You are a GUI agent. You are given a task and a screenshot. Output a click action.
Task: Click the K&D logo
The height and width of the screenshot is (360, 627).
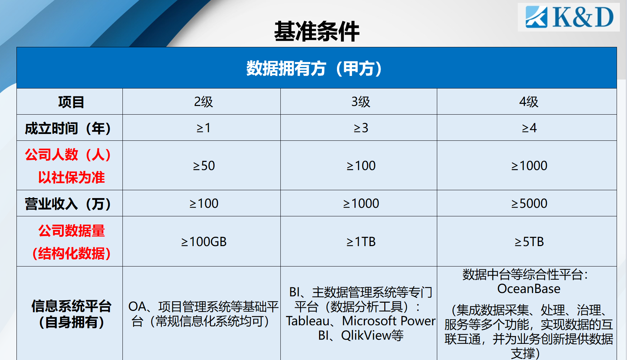569,17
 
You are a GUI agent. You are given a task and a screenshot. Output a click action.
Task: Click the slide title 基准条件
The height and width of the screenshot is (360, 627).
317,32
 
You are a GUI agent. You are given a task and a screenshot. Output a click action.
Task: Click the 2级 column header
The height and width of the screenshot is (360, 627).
203,102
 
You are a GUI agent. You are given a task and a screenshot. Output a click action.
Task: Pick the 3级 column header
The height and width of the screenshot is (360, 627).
361,102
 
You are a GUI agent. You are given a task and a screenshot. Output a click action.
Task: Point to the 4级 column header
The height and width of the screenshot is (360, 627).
529,102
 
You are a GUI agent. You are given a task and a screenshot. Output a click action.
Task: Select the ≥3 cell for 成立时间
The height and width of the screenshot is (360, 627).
361,128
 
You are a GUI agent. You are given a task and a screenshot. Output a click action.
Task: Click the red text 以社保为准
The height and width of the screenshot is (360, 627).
71,177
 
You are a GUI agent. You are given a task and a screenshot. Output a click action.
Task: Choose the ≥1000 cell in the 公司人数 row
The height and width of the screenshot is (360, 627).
529,165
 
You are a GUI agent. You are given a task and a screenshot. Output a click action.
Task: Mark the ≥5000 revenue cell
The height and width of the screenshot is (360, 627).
529,203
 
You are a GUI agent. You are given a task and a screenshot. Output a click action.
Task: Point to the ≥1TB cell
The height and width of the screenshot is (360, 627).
361,242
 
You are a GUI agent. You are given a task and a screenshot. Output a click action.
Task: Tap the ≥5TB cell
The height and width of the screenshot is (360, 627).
529,242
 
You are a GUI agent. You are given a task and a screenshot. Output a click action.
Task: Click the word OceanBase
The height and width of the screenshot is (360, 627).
529,289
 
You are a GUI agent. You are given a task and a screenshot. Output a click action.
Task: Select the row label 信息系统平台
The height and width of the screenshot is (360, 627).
71,306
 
